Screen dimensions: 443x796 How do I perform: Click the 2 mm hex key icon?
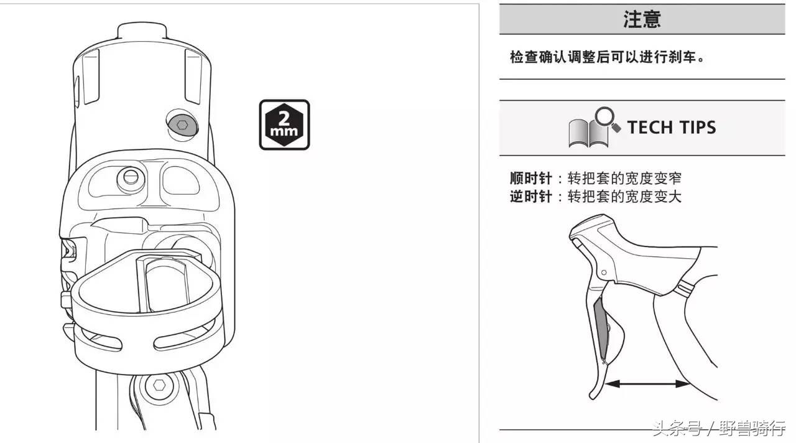284,124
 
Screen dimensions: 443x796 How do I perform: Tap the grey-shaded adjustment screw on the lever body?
181,124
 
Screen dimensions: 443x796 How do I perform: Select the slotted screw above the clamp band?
130,177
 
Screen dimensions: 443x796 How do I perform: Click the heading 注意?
642,19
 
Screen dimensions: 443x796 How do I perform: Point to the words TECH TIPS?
671,128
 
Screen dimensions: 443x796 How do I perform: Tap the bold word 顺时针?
530,179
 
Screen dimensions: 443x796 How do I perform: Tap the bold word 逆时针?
530,197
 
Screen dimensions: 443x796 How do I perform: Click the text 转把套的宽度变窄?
624,179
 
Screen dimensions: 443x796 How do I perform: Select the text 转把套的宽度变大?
624,197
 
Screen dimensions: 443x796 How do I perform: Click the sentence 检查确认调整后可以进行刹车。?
609,57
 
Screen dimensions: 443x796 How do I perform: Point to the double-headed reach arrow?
647,384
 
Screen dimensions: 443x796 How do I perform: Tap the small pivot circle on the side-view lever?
603,272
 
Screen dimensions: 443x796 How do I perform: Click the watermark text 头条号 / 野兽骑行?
718,429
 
